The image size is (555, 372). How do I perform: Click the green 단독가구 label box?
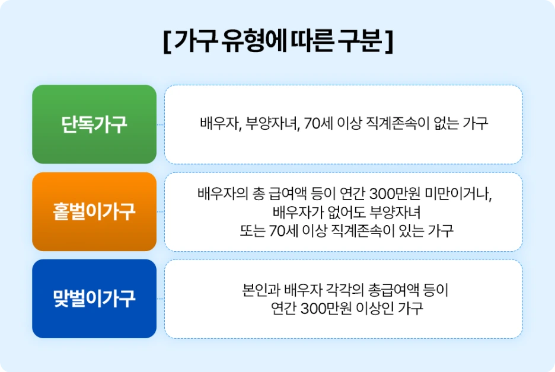point(94,124)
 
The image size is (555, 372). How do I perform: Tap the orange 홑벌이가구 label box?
point(94,211)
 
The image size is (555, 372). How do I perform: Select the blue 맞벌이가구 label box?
point(94,299)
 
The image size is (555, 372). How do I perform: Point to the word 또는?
point(248,230)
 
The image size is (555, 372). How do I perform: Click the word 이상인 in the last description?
point(378,309)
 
